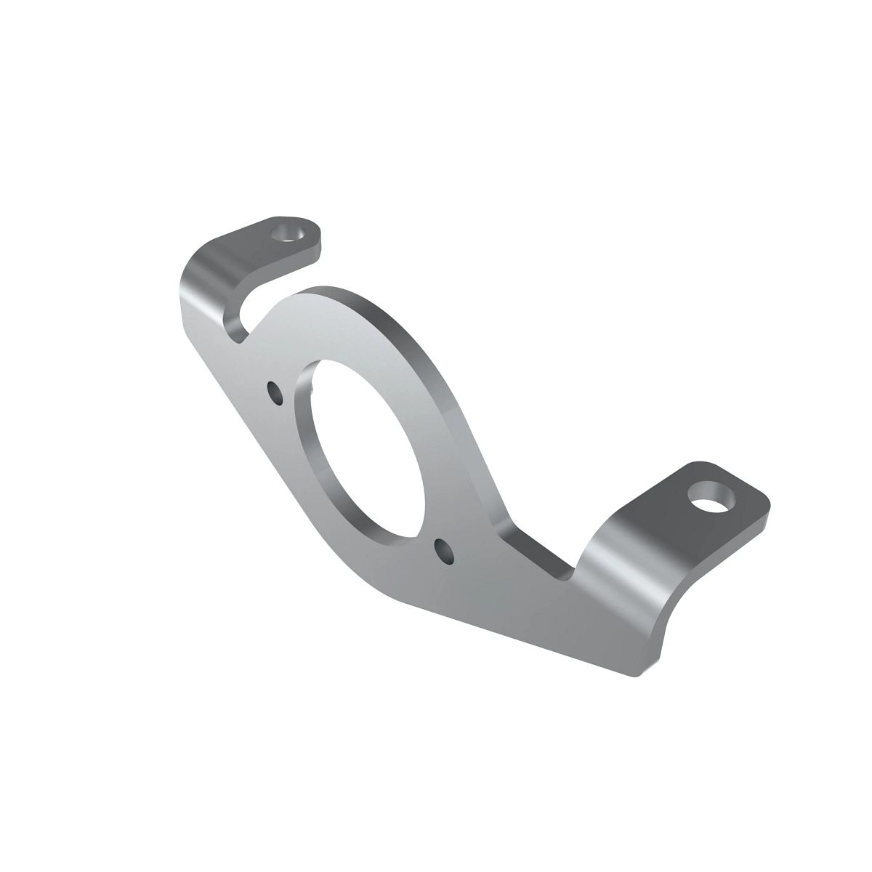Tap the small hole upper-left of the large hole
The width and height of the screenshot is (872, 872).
[275, 392]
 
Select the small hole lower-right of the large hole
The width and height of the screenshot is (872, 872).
[443, 552]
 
